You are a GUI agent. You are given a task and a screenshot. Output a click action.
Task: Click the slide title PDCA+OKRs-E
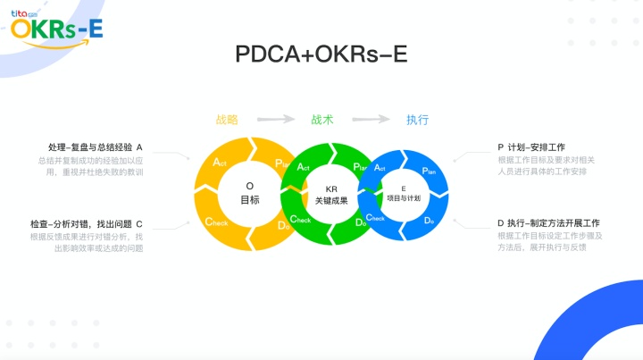click(321, 54)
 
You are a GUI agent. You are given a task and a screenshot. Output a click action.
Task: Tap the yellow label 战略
click(228, 119)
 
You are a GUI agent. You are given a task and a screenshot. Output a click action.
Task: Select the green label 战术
click(322, 119)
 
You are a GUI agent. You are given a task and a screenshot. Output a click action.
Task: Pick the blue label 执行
click(417, 119)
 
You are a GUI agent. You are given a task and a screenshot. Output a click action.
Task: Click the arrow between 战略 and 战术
click(276, 119)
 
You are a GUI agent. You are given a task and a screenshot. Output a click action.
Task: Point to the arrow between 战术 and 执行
click(372, 119)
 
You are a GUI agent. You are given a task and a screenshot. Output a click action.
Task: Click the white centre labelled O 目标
click(250, 193)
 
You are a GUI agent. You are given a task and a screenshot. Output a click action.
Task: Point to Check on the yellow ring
click(216, 222)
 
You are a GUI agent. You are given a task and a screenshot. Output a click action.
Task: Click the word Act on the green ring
click(304, 167)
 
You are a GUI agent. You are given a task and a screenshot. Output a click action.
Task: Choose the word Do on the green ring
click(357, 223)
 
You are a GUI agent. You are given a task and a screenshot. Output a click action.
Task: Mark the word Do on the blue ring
click(429, 220)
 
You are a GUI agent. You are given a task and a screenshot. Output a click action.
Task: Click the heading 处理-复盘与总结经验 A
click(96, 147)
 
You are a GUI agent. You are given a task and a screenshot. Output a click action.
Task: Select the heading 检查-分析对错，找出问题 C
click(86, 223)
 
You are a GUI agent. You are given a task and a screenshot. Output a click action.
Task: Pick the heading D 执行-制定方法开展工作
click(548, 223)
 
